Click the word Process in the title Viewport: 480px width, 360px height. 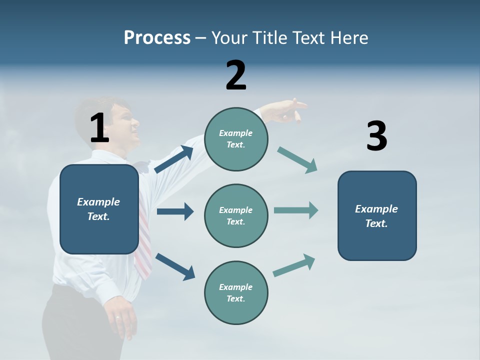point(157,38)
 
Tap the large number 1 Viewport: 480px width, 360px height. point(99,128)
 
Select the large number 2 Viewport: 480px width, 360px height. point(236,75)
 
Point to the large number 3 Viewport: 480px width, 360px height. point(376,136)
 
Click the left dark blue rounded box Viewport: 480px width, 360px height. point(99,209)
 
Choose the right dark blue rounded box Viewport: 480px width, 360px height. point(377,215)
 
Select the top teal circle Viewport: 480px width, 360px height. point(236,139)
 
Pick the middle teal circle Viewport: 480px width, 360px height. point(236,215)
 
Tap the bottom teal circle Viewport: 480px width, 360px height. point(236,292)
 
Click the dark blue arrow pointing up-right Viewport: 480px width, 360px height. point(174,159)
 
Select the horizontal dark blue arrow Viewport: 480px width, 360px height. point(175,211)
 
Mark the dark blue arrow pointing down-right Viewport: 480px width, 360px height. point(175,266)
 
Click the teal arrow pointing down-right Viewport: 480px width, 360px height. point(297,160)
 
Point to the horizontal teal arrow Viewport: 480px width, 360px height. point(296,210)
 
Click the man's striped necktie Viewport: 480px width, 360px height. point(143,245)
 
